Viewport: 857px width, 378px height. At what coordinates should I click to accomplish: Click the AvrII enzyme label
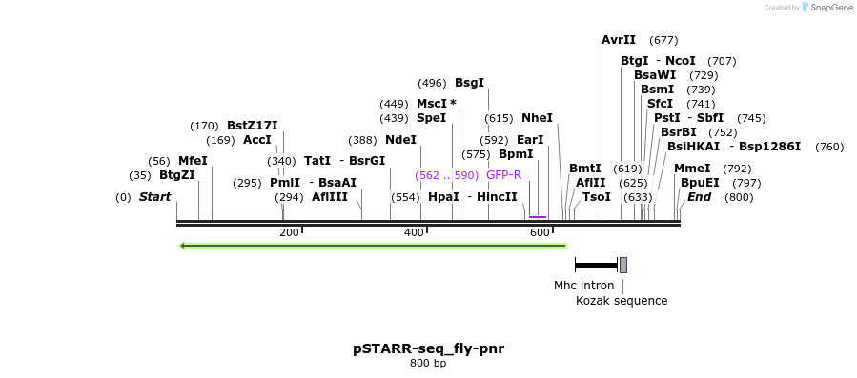click(x=619, y=40)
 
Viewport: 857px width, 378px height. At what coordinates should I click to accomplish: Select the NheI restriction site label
click(x=537, y=118)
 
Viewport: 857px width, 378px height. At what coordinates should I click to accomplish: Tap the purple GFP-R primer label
click(x=503, y=175)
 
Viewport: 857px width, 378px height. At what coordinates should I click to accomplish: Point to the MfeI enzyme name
click(x=193, y=161)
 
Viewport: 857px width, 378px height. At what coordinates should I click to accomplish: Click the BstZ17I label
click(x=252, y=126)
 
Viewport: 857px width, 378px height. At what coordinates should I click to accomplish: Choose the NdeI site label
click(x=400, y=140)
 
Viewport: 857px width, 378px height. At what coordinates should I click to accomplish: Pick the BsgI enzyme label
click(x=469, y=83)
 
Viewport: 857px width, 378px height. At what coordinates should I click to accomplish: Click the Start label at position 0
click(x=154, y=197)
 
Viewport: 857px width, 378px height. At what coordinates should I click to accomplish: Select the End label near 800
click(x=699, y=197)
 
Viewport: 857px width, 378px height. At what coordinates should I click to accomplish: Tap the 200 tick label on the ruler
click(x=289, y=233)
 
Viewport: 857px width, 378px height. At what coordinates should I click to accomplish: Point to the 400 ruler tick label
click(x=414, y=233)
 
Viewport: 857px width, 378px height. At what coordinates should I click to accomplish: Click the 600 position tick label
click(x=539, y=233)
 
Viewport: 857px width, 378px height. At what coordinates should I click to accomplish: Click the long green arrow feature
click(x=373, y=246)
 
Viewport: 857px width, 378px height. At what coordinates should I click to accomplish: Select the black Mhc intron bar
click(x=596, y=265)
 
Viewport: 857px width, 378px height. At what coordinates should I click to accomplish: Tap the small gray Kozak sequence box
click(x=623, y=265)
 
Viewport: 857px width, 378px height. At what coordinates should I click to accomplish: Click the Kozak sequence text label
click(x=622, y=301)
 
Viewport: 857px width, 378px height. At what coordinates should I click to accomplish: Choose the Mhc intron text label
click(x=583, y=285)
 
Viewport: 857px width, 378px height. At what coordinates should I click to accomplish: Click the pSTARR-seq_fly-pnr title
click(x=428, y=348)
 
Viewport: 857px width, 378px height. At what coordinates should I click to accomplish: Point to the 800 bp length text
click(x=428, y=364)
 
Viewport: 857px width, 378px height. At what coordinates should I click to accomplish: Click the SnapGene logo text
click(x=828, y=8)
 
